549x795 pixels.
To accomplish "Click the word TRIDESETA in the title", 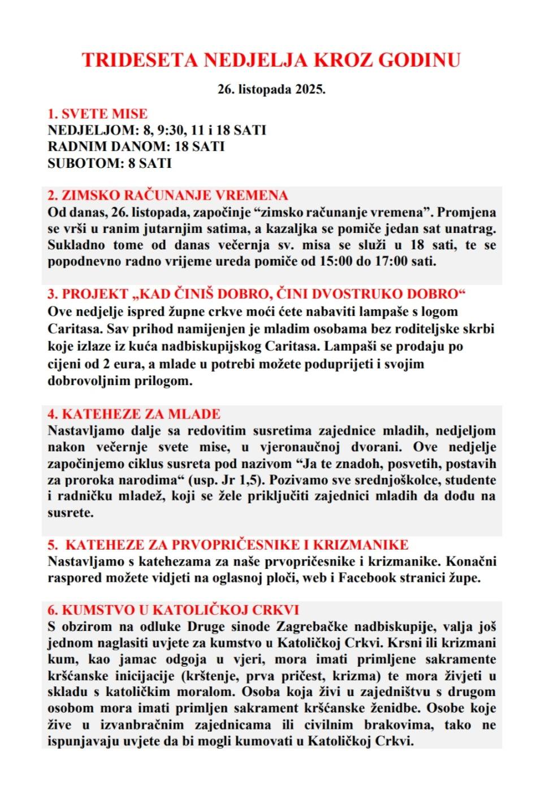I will coord(140,60).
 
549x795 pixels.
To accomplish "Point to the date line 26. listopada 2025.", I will coord(271,89).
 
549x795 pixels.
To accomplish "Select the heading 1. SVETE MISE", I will coord(97,114).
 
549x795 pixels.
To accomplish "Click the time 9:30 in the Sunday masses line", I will coord(171,130).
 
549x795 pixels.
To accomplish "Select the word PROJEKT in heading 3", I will coord(95,294).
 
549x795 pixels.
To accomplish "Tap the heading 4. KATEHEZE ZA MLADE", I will coord(134,414).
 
